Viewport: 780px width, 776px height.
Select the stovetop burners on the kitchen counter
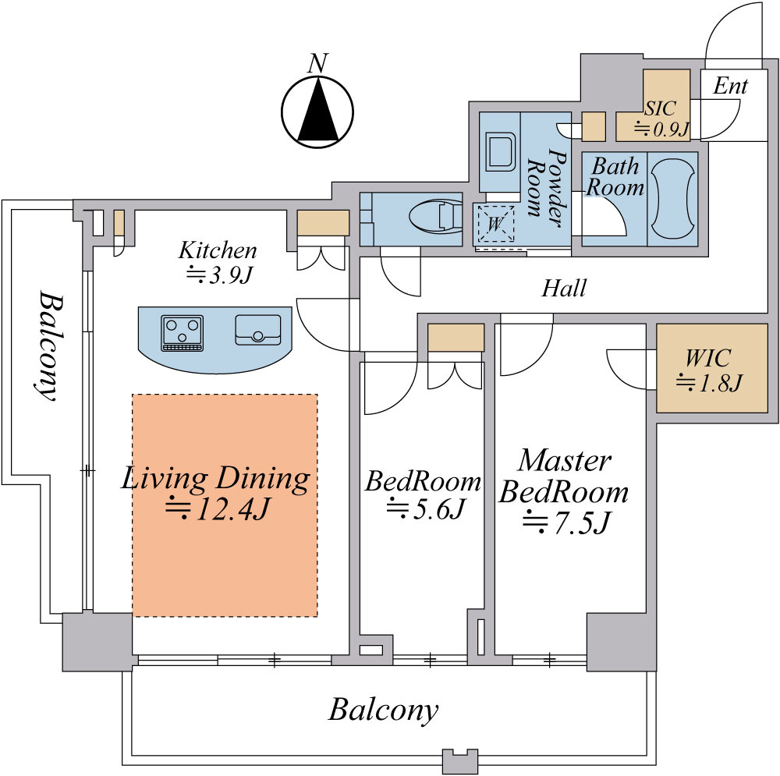pos(182,333)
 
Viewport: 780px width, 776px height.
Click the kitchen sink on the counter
pos(258,330)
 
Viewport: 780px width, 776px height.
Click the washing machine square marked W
pos(493,221)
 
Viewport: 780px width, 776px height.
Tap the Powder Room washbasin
pos(497,151)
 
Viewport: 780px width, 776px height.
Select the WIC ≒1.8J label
pos(707,370)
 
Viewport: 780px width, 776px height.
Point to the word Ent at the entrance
pos(730,86)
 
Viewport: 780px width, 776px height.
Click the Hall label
pos(564,289)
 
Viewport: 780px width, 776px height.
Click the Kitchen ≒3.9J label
pos(217,263)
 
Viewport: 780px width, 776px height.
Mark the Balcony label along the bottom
pos(383,710)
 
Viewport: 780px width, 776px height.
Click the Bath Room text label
pos(615,177)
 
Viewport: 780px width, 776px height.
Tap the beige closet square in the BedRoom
pos(456,338)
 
